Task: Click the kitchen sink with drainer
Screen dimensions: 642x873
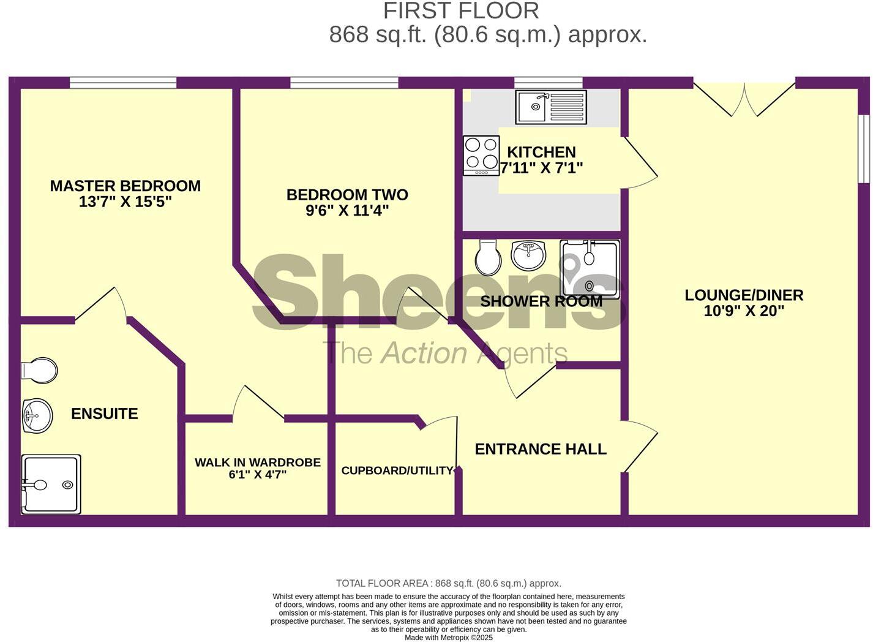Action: [550, 107]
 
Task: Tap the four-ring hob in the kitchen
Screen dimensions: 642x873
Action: [481, 154]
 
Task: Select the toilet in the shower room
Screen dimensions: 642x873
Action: [488, 257]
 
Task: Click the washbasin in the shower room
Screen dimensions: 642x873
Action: [528, 255]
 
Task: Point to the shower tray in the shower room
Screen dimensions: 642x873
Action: [590, 269]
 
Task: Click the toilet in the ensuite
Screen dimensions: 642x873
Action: [39, 370]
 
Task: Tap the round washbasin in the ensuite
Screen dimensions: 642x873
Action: [37, 416]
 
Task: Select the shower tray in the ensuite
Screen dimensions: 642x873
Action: [51, 484]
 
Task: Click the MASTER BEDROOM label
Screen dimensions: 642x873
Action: [125, 186]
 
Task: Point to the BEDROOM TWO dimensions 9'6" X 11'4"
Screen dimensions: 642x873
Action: [347, 211]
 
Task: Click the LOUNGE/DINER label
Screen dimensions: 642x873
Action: [744, 295]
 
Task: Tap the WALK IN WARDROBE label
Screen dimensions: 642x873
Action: [258, 463]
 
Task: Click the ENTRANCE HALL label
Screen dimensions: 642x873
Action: [541, 449]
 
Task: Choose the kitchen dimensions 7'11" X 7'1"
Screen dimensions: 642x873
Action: [541, 167]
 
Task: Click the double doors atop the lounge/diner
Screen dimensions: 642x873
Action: [744, 98]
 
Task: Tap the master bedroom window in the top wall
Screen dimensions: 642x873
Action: [123, 83]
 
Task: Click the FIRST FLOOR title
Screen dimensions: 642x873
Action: [461, 10]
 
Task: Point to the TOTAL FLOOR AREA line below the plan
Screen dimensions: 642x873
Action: [448, 583]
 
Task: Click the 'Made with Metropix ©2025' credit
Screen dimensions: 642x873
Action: [448, 637]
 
